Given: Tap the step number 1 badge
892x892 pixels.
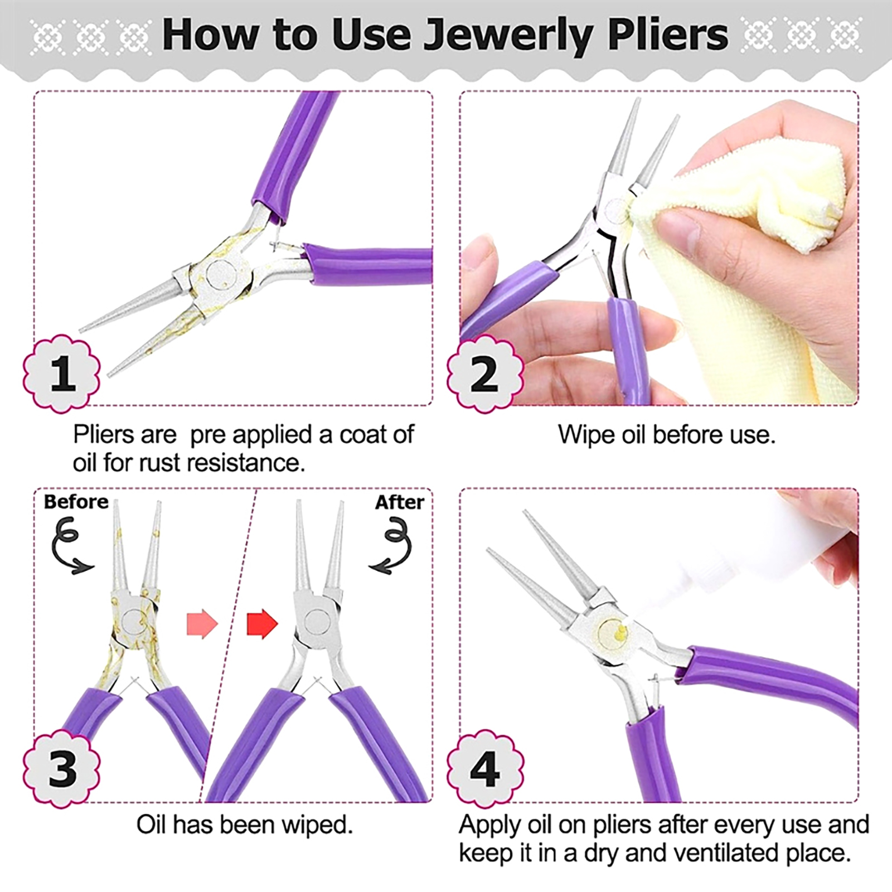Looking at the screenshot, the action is point(62,374).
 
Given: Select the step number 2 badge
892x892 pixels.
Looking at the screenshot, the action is point(486,374).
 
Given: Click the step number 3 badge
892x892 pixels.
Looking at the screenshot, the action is point(62,768).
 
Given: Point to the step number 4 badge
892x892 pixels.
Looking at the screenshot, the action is point(486,768).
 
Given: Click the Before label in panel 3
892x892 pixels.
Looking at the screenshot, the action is point(76,502).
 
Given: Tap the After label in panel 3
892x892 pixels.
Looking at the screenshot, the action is point(399,502).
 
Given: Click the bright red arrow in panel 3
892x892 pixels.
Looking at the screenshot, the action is point(262,623).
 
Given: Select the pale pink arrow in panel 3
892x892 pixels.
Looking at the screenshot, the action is point(202,623).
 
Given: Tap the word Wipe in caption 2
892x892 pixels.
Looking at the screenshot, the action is point(585,435).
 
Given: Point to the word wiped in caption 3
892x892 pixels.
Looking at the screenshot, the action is point(319,825).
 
